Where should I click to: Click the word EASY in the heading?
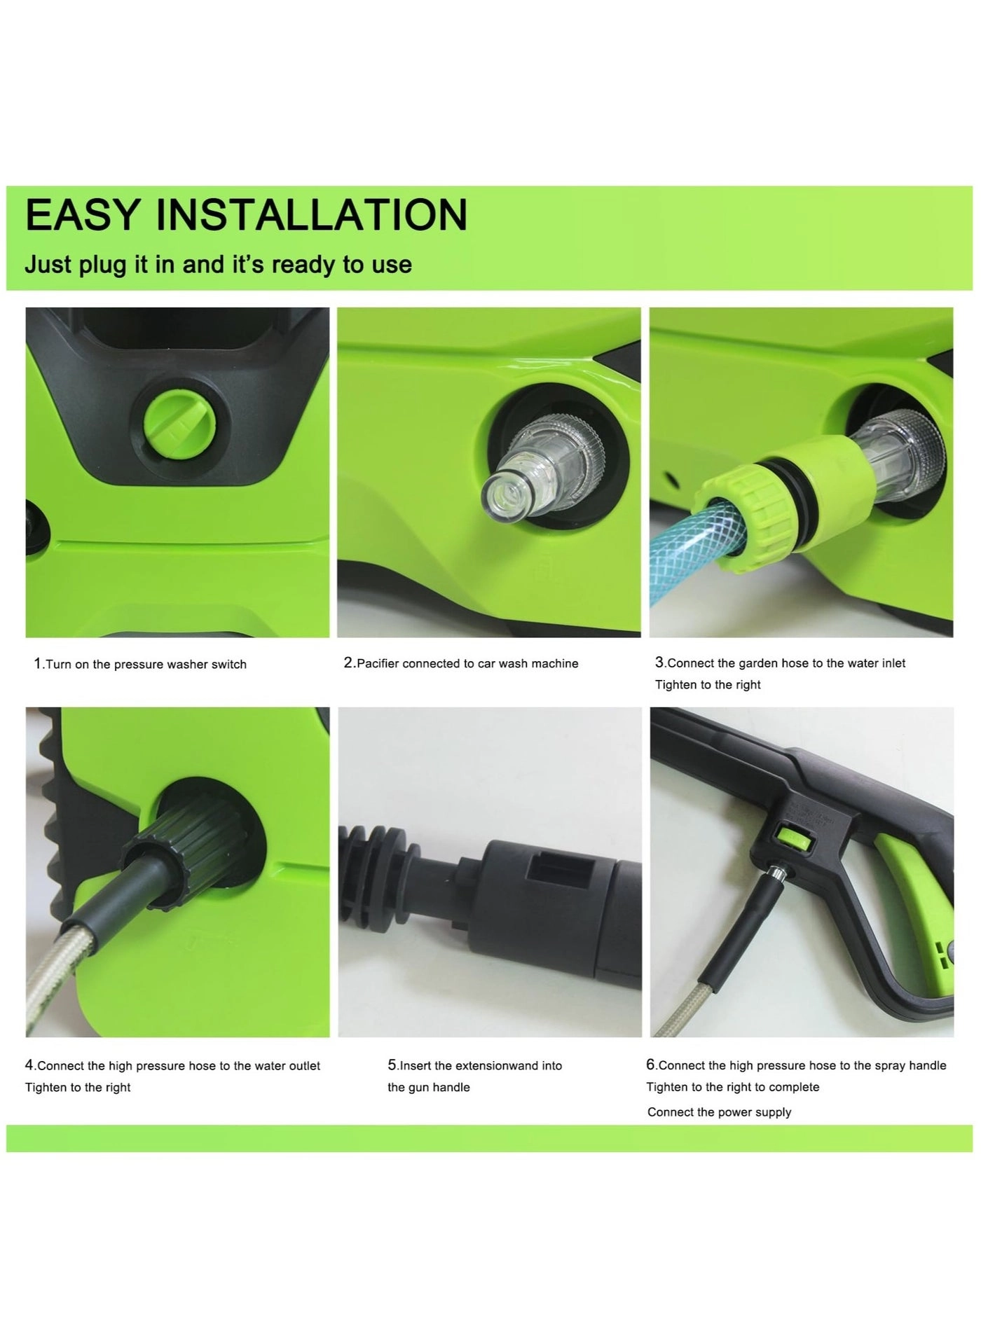coord(82,215)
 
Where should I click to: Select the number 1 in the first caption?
coord(38,663)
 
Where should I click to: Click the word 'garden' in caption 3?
coord(761,663)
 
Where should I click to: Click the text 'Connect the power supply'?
coord(719,1111)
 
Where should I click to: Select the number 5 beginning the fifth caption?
coord(392,1065)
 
